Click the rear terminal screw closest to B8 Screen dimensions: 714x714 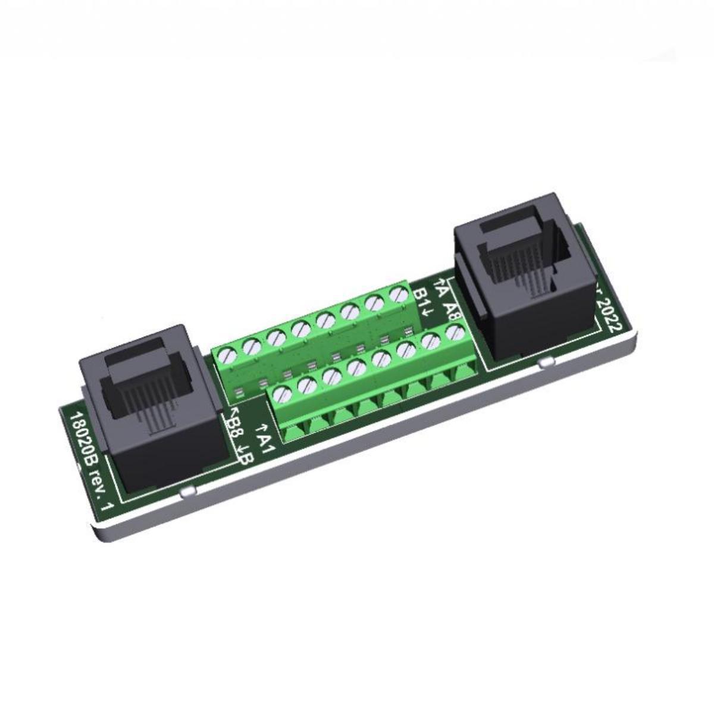227,356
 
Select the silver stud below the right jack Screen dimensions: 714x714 543,362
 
